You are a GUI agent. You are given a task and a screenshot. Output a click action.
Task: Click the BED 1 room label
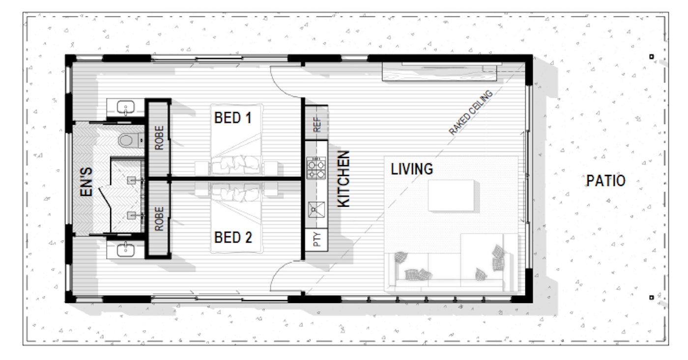[x=233, y=118]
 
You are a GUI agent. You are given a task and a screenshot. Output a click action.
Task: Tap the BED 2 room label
[x=233, y=238]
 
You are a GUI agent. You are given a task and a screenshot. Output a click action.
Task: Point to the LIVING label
[x=412, y=169]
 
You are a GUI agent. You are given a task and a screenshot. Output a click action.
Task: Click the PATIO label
[x=606, y=181]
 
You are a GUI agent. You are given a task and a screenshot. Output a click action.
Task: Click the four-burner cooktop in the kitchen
[x=315, y=168]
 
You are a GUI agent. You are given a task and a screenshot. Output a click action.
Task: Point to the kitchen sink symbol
[x=315, y=210]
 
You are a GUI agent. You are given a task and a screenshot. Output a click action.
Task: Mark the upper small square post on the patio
[x=652, y=56]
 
